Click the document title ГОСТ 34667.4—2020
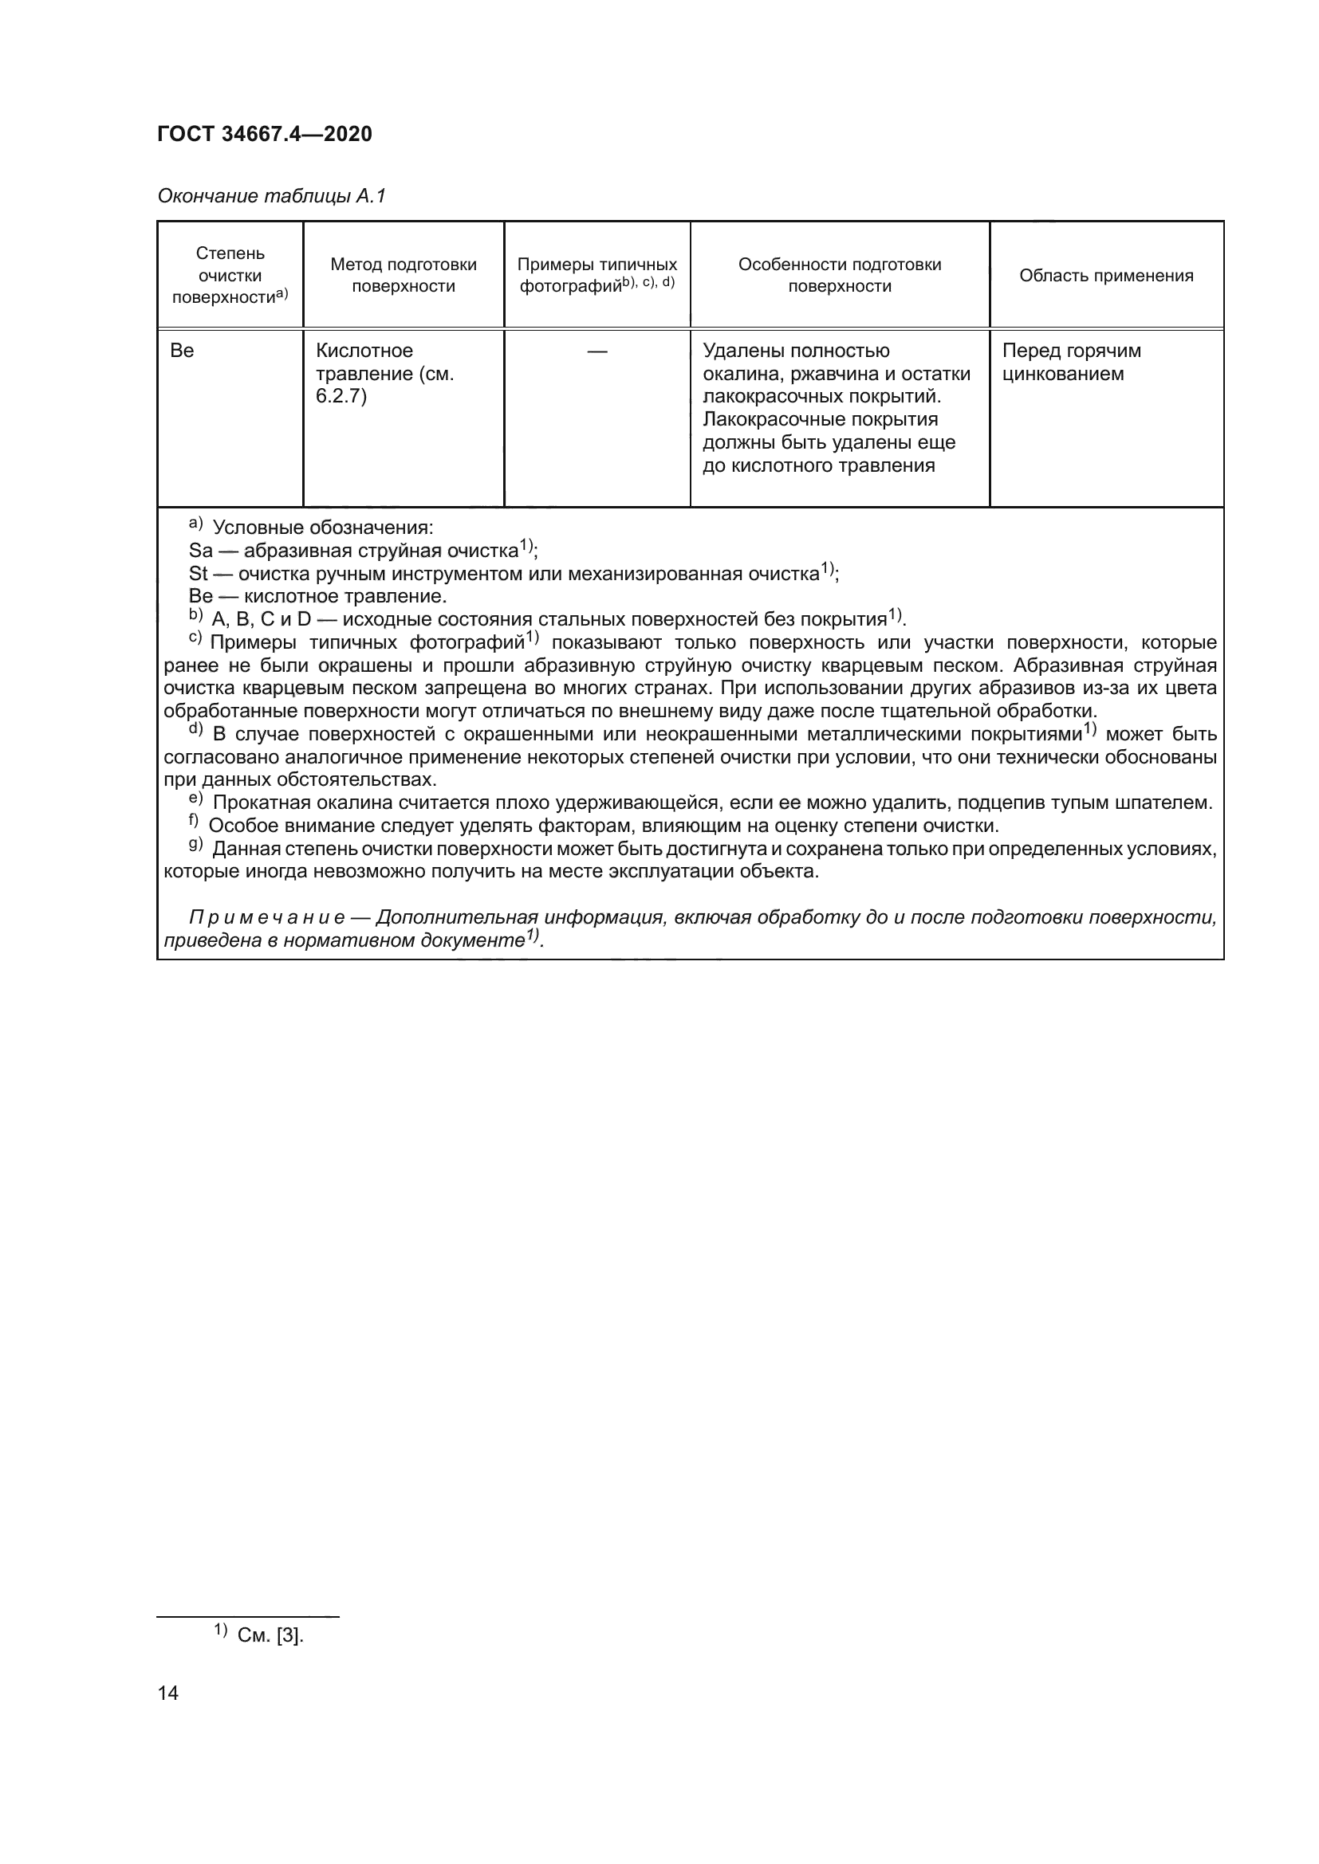coord(264,134)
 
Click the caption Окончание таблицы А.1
coord(271,196)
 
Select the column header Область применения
coord(1106,275)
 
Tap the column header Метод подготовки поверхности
coord(403,275)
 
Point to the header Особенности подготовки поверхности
coord(839,275)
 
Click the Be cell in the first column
coord(182,351)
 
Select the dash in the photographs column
coord(597,351)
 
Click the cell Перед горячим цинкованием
coord(1070,362)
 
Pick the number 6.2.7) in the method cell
coord(341,397)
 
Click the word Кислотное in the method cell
coord(364,351)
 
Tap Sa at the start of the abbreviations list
coord(200,551)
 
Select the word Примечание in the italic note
coord(266,917)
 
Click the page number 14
coord(168,1693)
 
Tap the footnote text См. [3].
coord(270,1635)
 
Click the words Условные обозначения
coord(322,528)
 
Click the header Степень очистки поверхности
coord(230,275)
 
